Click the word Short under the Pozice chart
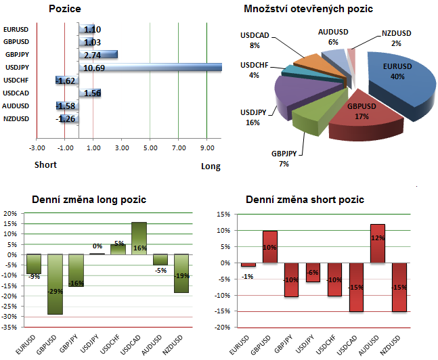[45, 164]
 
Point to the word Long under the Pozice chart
[211, 167]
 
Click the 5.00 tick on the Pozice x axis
[150, 147]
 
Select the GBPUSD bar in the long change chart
[54, 284]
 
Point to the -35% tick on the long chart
[11, 327]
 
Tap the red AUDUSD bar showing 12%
[378, 243]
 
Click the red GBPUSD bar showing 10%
[270, 246]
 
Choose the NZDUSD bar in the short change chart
[399, 287]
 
